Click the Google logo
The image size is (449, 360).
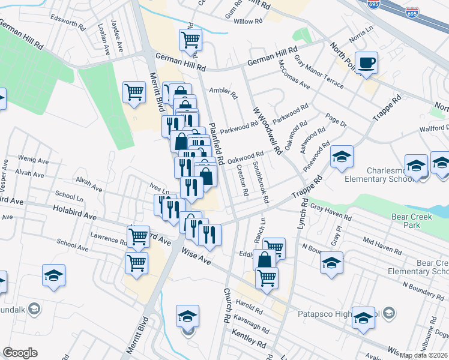click(x=20, y=353)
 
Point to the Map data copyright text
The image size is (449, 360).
click(x=424, y=355)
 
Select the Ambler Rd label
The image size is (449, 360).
click(x=223, y=92)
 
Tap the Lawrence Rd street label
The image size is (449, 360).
click(x=108, y=239)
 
